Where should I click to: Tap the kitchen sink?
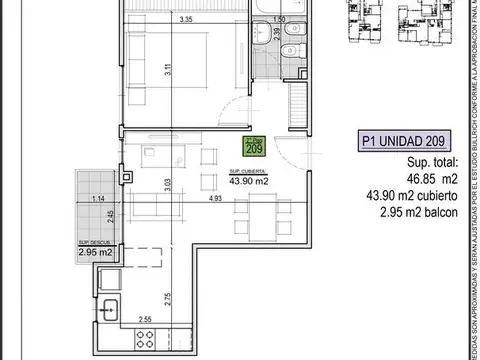pyautogui.click(x=111, y=312)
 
